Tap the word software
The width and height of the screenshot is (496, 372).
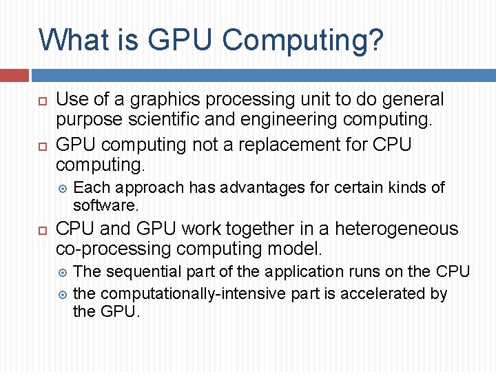pyautogui.click(x=105, y=205)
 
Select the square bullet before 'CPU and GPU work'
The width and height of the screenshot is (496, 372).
pyautogui.click(x=42, y=230)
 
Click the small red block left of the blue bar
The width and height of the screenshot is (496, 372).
pyautogui.click(x=14, y=75)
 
